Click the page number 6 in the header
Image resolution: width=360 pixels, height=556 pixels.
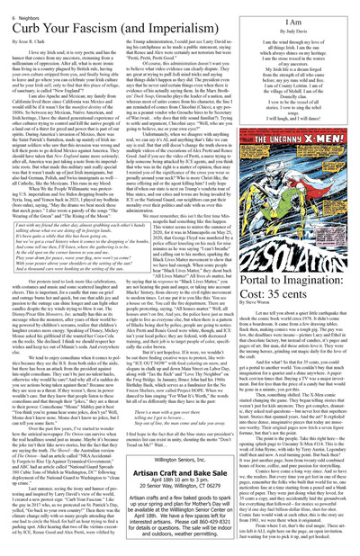pyautogui.click(x=9, y=5)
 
